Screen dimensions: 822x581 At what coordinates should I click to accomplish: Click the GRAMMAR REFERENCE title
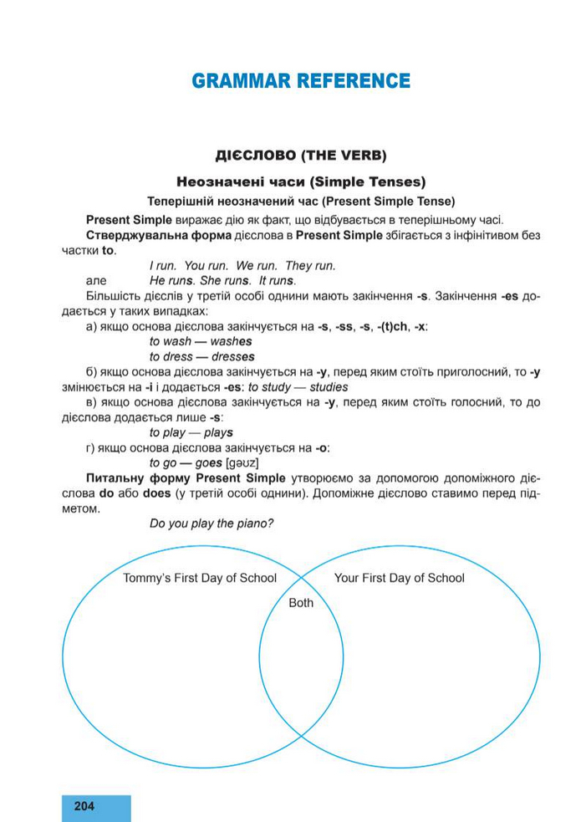[301, 81]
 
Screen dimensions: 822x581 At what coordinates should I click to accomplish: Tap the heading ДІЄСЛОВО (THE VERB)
[301, 156]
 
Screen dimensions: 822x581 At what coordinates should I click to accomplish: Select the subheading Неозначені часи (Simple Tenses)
[301, 181]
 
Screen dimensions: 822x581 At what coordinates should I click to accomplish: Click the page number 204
[84, 806]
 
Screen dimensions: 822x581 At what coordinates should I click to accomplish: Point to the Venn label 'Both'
[301, 602]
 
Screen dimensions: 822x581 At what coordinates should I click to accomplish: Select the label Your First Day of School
[399, 578]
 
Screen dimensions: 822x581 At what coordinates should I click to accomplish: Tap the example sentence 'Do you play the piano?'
[212, 523]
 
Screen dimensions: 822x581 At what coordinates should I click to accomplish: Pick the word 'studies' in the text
[329, 387]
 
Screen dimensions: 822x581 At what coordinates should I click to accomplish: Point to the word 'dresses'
[232, 357]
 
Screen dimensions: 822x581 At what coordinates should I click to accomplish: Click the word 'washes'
[231, 342]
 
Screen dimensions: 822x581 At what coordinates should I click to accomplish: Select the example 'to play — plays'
[191, 432]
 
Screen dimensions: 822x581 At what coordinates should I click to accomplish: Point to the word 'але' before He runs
[96, 280]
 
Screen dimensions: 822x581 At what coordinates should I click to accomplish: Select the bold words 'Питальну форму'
[120, 477]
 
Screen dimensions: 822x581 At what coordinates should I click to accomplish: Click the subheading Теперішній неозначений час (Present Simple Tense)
[301, 202]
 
